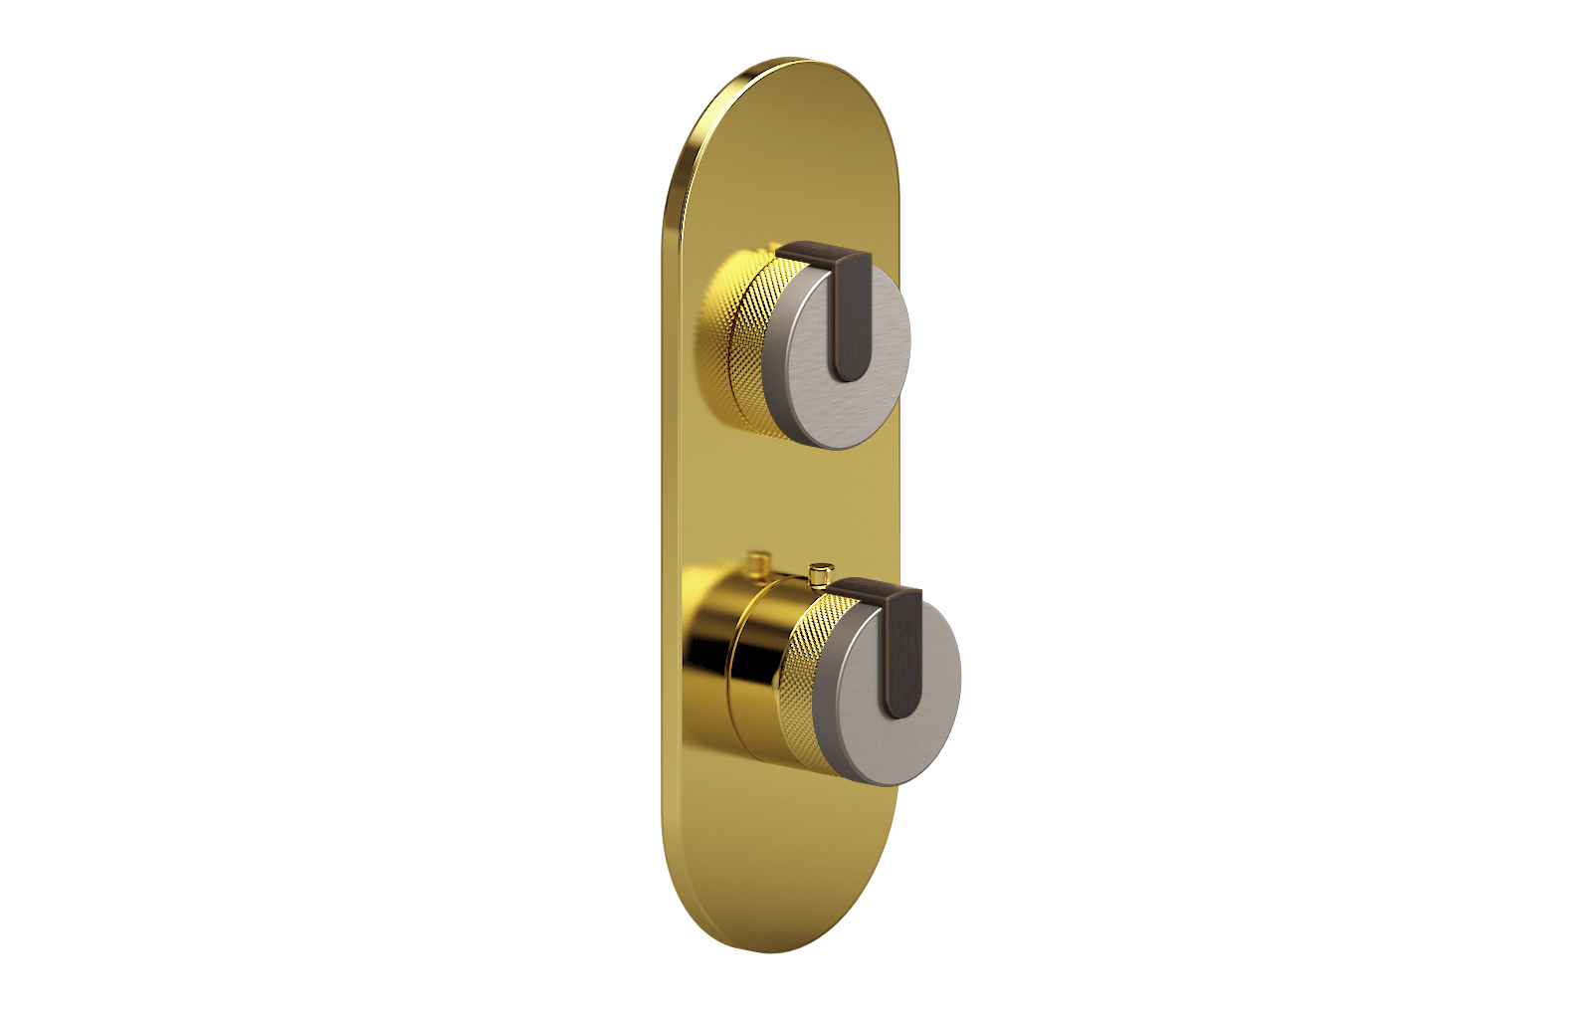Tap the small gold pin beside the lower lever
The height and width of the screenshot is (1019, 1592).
(x=820, y=575)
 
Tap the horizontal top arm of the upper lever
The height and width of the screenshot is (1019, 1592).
(x=811, y=253)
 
